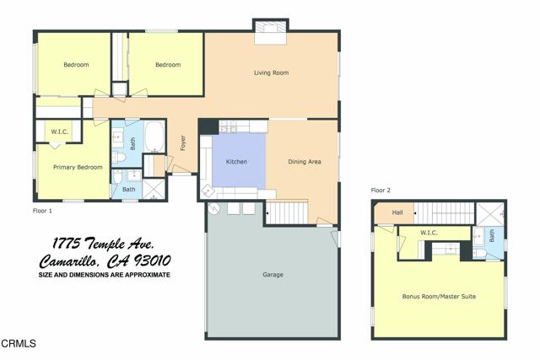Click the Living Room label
[x=271, y=73]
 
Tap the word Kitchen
[x=236, y=161]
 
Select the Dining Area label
[x=305, y=161]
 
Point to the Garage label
[x=272, y=275]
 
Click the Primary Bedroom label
[x=78, y=167]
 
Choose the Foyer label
[x=182, y=143]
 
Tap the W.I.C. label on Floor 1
[x=59, y=132]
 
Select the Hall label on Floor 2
[x=397, y=212]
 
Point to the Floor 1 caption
[x=42, y=210]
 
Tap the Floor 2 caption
[x=382, y=191]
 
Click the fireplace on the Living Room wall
[x=272, y=32]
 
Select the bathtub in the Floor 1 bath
[x=155, y=137]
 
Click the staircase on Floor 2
[x=447, y=212]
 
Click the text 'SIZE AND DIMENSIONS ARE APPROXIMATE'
[x=105, y=275]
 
